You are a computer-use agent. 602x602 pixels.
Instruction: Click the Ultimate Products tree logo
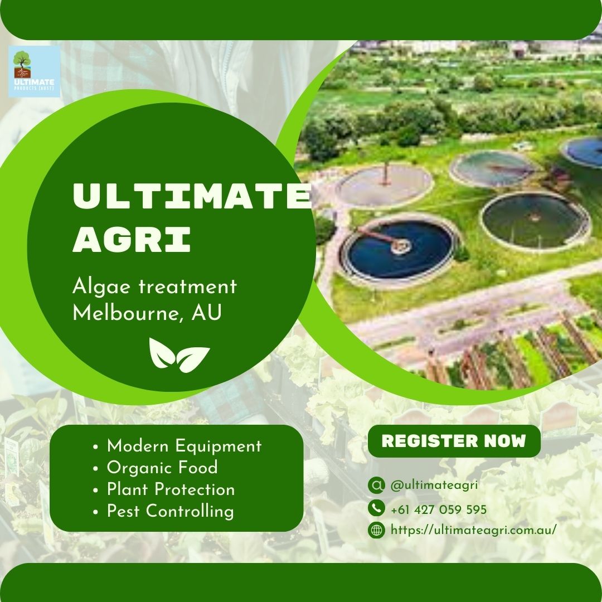(34, 71)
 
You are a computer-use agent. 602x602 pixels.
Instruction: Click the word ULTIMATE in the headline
(192, 196)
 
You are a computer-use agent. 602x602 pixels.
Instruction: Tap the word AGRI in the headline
(132, 239)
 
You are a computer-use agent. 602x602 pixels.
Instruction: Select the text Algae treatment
(154, 287)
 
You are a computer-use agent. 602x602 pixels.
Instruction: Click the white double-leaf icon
(179, 355)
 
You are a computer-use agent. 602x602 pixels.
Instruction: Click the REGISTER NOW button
(454, 441)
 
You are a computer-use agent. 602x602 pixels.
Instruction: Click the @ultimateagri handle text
(434, 485)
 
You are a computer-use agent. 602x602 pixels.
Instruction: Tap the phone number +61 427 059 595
(439, 509)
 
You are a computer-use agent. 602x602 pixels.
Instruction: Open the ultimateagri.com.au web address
(473, 530)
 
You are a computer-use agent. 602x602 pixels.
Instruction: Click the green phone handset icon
(376, 508)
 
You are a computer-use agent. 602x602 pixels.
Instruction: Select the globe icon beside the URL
(376, 530)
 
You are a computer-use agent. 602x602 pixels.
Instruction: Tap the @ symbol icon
(376, 485)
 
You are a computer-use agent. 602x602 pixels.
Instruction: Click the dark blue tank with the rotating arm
(399, 249)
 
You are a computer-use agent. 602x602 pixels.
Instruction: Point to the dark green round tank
(535, 221)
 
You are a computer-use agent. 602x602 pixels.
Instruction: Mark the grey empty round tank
(385, 186)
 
